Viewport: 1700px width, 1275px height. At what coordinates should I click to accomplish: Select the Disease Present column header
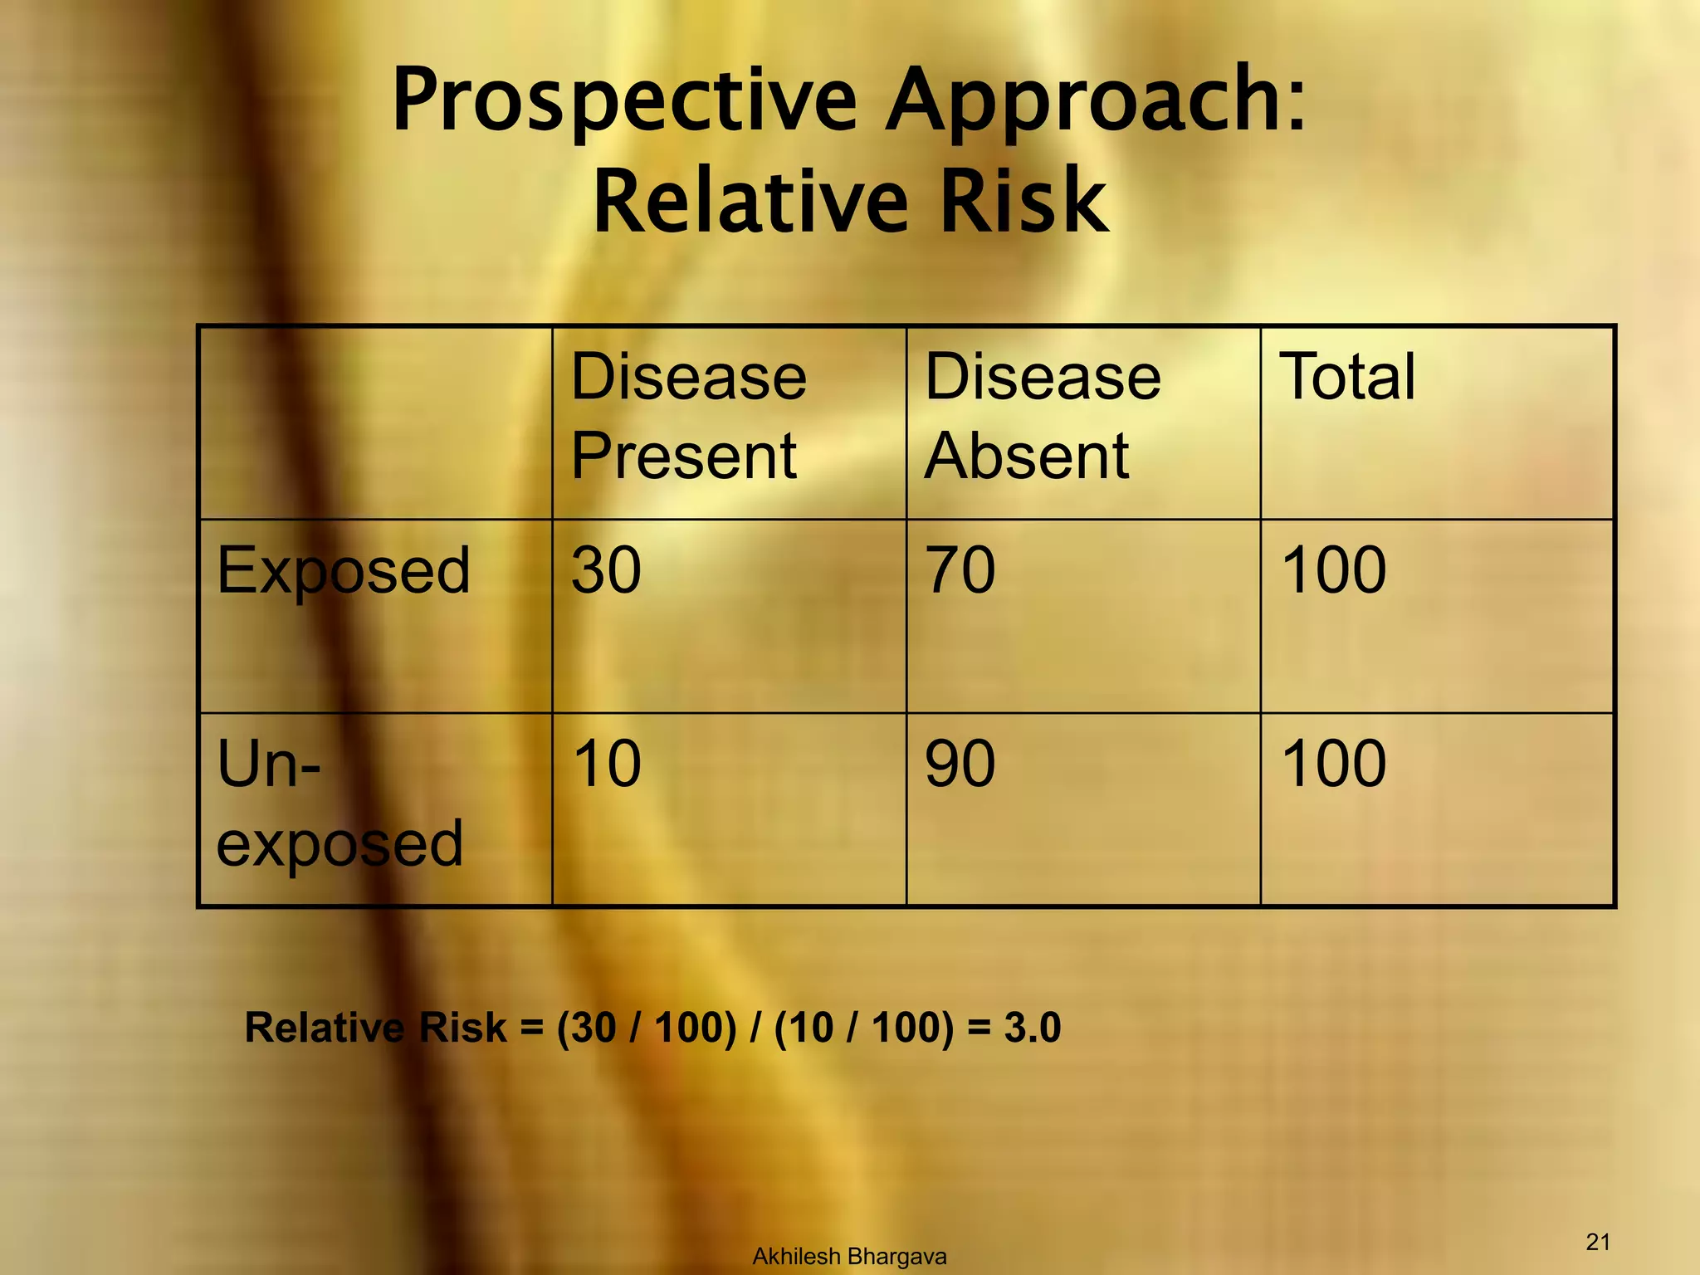point(688,416)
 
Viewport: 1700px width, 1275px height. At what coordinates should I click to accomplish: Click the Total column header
point(1347,378)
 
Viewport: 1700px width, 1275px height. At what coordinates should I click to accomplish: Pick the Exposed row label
point(343,572)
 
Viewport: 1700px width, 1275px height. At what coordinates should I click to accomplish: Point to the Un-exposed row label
point(339,803)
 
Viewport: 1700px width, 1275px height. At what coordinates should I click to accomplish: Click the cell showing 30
point(606,571)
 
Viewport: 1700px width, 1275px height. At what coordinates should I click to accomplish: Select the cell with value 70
point(960,571)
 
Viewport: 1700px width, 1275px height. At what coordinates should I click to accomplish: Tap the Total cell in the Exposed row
point(1333,571)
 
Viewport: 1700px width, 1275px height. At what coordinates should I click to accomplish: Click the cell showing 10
point(607,765)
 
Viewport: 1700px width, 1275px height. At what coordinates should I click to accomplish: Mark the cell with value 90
point(960,765)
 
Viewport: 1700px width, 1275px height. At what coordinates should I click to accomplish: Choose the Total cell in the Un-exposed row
point(1333,765)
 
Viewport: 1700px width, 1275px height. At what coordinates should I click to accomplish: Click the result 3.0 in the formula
point(1032,1028)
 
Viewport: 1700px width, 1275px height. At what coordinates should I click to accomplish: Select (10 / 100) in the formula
point(863,1028)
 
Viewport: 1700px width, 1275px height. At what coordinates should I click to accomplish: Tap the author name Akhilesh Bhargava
point(849,1257)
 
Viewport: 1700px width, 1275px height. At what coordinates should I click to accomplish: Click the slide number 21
point(1598,1242)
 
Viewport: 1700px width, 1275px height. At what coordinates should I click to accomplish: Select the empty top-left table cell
point(375,423)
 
